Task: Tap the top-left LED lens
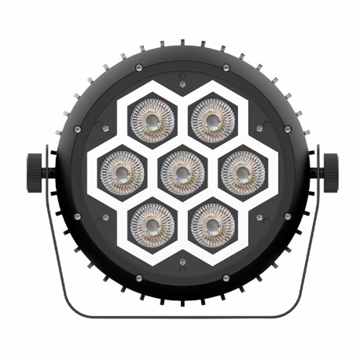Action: pyautogui.click(x=150, y=118)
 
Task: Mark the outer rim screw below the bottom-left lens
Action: pyautogui.click(x=138, y=277)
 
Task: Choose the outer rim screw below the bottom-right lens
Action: pyautogui.click(x=225, y=277)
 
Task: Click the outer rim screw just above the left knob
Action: pyautogui.click(x=76, y=128)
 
